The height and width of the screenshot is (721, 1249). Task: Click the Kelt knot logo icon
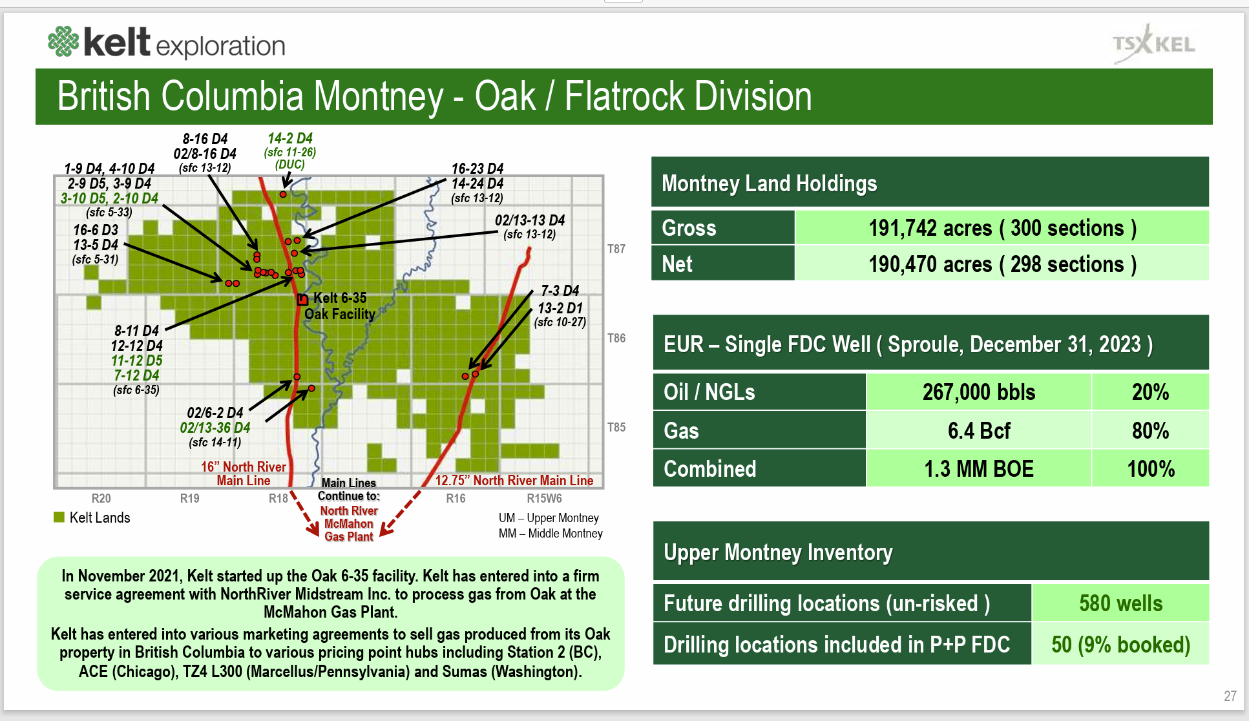point(63,41)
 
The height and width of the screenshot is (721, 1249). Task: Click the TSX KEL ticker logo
point(1153,44)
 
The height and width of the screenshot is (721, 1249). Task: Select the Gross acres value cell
point(1002,228)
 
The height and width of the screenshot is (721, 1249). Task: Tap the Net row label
point(677,264)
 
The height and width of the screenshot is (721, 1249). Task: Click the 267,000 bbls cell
point(978,392)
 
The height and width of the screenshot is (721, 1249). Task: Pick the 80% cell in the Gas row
point(1150,430)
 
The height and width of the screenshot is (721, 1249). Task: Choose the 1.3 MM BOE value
point(978,469)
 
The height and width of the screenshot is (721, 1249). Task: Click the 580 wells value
point(1120,603)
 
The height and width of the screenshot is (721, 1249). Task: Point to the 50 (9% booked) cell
point(1120,645)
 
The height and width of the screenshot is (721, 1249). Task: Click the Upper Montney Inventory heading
point(778,552)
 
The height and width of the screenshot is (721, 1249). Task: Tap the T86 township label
point(616,338)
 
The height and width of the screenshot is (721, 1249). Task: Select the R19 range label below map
point(189,498)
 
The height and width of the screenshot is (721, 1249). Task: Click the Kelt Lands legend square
point(59,517)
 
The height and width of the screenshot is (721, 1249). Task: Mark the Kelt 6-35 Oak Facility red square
point(302,300)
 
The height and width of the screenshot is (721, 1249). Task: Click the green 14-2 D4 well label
point(289,138)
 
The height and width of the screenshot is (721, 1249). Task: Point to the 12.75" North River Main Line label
point(514,481)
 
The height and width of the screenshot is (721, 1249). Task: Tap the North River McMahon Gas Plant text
point(349,523)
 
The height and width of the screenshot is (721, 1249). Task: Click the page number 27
point(1230,696)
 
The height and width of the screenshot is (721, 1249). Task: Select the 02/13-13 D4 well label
point(530,220)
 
